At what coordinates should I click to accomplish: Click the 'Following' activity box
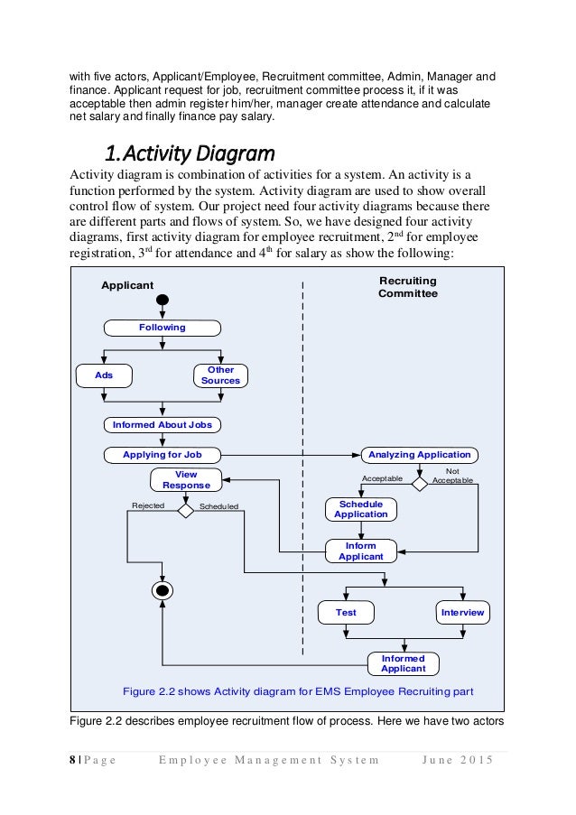pos(163,328)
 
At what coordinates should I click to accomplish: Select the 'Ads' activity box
pos(104,375)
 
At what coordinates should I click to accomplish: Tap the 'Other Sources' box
pos(221,375)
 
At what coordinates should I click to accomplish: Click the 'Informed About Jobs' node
pos(163,424)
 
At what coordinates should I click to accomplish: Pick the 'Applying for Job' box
pos(163,454)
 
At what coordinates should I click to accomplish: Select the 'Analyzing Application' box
pos(419,454)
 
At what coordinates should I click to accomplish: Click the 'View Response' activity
pos(185,479)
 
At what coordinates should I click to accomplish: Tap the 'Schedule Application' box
pos(361,509)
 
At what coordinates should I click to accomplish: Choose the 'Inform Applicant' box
pos(361,551)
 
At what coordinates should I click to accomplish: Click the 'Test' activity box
pos(346,613)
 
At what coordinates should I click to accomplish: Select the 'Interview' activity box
pos(463,613)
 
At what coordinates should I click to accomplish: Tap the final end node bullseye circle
pos(163,592)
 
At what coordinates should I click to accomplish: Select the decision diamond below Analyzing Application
pos(420,483)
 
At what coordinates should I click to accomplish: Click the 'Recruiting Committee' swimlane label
pos(408,287)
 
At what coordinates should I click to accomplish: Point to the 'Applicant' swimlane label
pos(126,285)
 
